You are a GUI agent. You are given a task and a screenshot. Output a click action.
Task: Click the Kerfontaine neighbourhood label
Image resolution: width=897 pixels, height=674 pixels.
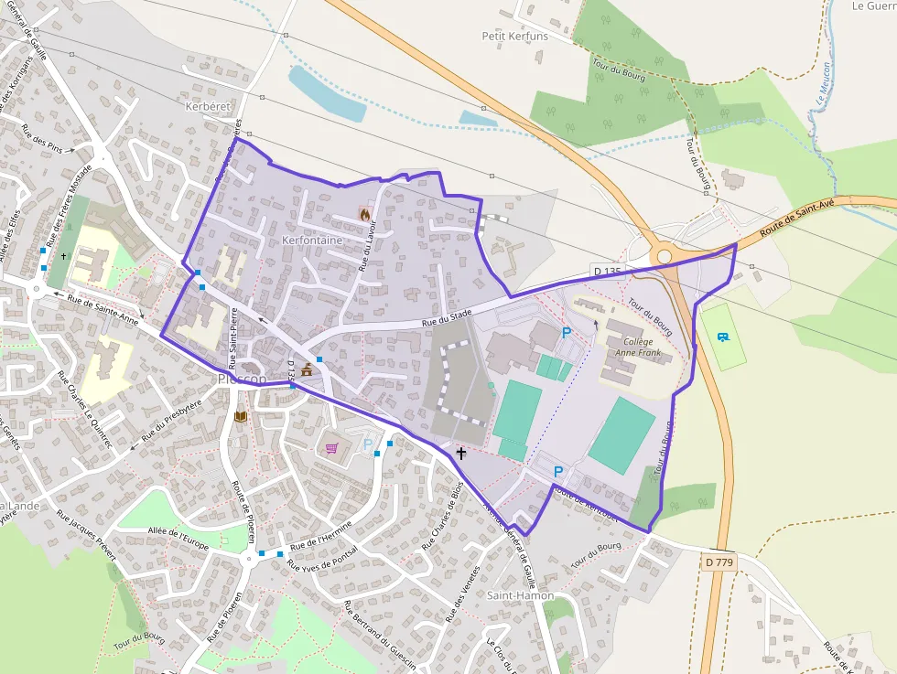click(312, 241)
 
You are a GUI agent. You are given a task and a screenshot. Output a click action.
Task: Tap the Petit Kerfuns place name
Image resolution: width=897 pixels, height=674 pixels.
click(515, 36)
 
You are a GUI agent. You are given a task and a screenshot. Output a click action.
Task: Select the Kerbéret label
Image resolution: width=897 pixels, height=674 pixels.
click(208, 107)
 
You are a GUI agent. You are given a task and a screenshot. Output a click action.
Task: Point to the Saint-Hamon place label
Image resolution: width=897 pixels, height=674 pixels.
click(520, 595)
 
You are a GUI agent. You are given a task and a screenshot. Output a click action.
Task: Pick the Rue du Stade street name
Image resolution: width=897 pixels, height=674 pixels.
click(447, 317)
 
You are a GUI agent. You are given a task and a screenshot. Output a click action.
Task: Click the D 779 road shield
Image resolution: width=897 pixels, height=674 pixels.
click(720, 562)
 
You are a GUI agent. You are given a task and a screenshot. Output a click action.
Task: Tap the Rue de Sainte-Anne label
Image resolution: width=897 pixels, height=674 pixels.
click(103, 308)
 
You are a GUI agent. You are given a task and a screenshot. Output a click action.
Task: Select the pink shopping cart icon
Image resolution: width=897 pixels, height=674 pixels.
click(331, 448)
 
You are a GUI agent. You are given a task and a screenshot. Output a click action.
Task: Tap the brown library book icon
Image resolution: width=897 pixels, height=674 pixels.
click(241, 417)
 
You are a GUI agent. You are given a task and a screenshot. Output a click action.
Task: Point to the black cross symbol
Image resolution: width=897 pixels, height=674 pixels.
click(460, 453)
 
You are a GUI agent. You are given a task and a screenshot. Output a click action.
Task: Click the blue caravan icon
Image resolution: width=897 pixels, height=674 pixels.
click(723, 337)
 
